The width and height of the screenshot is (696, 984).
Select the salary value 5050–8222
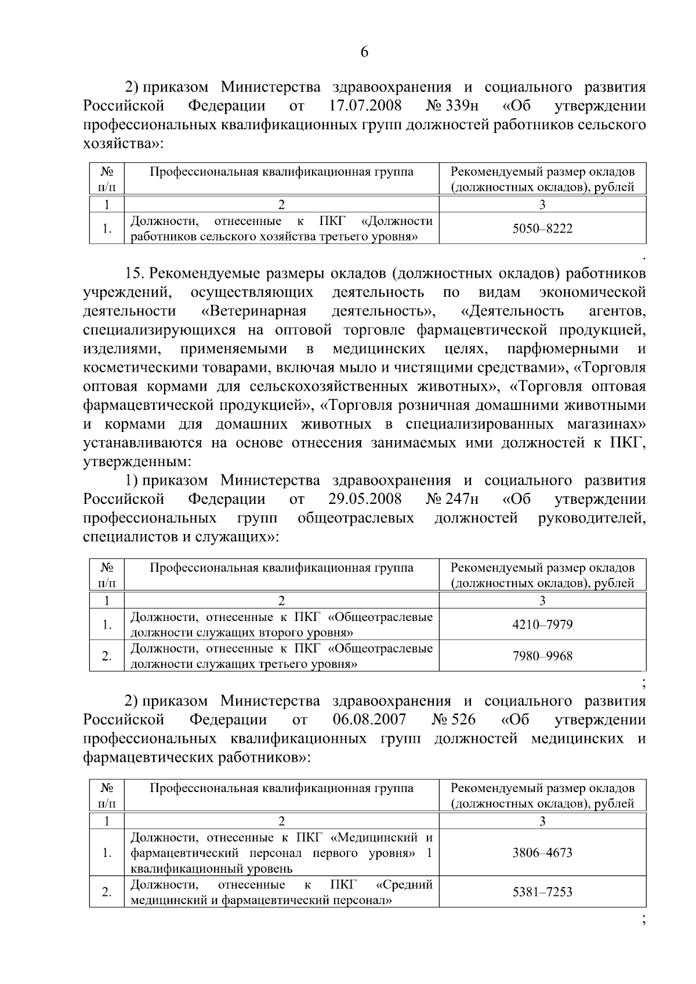(542, 228)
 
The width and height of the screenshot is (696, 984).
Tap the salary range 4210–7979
(542, 624)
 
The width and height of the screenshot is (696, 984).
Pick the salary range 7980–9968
(542, 656)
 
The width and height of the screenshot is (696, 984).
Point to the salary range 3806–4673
(542, 853)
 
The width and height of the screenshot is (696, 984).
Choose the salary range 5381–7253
(542, 892)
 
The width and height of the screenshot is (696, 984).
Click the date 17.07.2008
(367, 106)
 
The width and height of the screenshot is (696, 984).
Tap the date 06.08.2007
(369, 720)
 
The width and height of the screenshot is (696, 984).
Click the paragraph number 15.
(135, 273)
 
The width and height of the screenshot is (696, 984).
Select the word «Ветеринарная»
(253, 311)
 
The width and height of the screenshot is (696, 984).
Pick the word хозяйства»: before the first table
(122, 144)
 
